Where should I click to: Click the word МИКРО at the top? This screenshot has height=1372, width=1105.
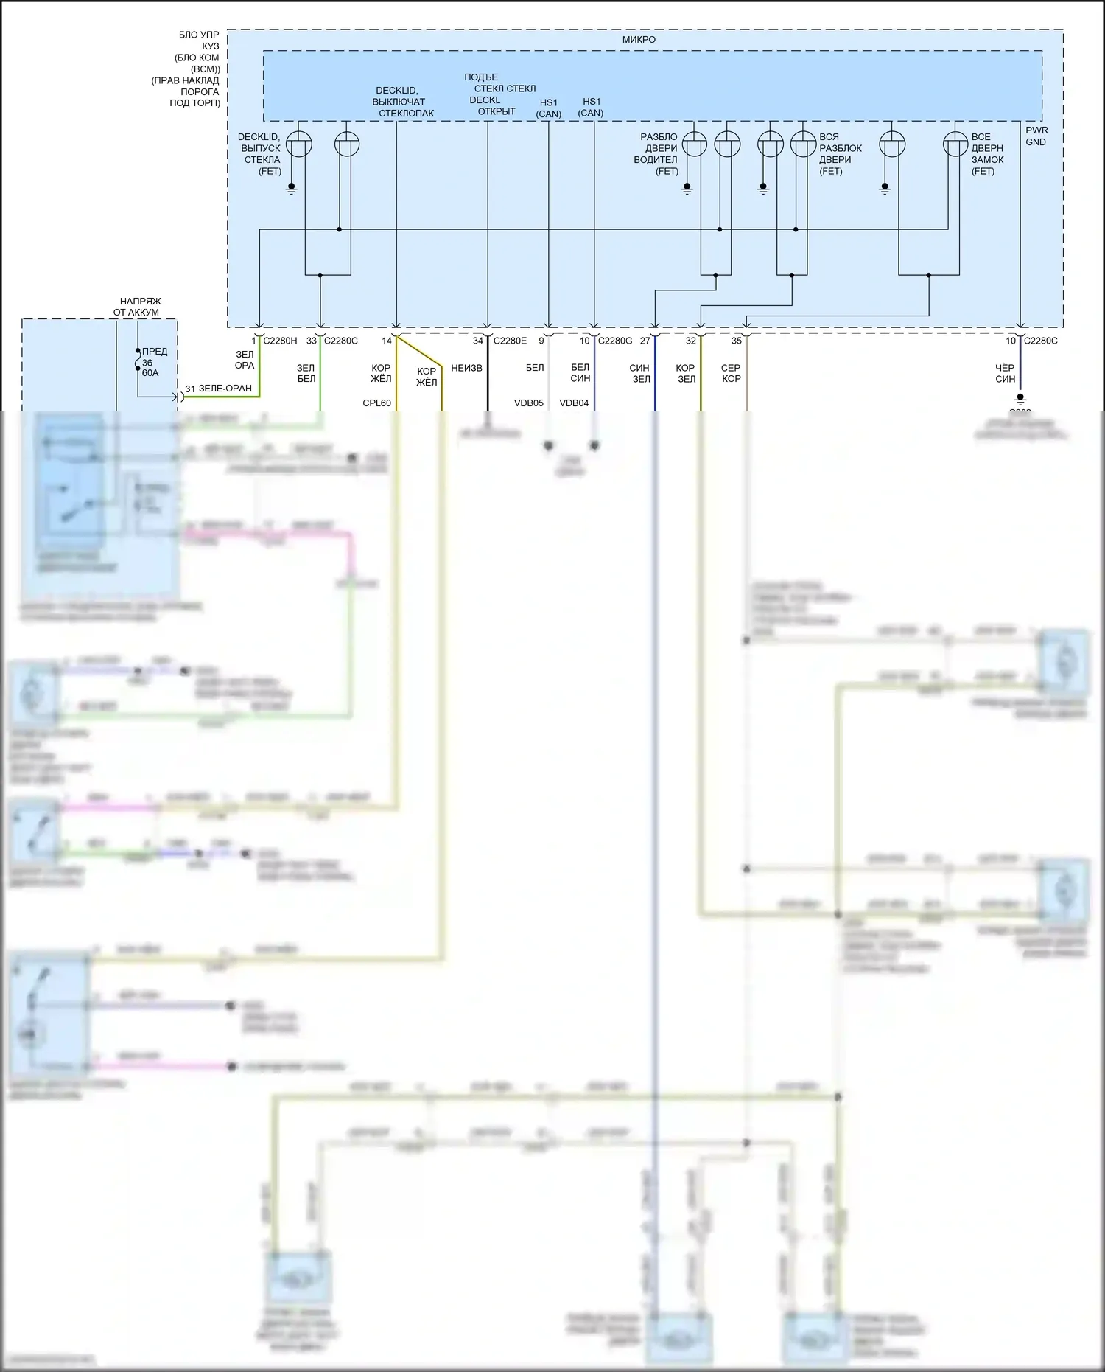(639, 40)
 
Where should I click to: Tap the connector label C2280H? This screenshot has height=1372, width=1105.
(280, 341)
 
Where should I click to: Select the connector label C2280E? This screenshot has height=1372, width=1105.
(510, 341)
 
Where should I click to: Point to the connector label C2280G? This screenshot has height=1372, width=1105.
(615, 341)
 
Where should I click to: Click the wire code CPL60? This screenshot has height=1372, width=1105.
(376, 403)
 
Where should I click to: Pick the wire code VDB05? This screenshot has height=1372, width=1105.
(528, 403)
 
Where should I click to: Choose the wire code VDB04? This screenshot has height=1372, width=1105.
(574, 403)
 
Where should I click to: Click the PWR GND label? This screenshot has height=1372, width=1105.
(1036, 136)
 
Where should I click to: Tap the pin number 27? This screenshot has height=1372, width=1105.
(645, 341)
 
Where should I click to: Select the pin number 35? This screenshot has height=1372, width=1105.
(737, 341)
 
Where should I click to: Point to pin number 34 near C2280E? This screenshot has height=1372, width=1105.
(478, 341)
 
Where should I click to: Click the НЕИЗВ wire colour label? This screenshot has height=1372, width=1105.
(466, 368)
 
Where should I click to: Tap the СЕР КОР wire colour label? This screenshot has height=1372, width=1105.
(731, 373)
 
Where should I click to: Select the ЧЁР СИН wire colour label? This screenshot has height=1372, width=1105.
(1005, 373)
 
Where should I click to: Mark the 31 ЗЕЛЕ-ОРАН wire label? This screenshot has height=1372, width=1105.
(218, 389)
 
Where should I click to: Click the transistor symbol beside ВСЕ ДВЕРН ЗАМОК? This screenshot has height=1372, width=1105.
(955, 144)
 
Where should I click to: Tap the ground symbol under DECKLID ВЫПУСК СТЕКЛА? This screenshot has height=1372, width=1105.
(292, 189)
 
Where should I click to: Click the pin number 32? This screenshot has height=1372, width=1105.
(691, 341)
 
